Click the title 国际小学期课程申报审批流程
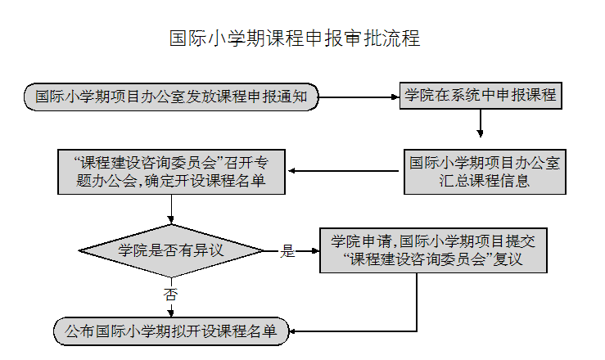(x=294, y=38)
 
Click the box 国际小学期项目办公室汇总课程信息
(x=485, y=172)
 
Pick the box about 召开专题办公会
(x=171, y=171)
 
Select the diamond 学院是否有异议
(x=171, y=250)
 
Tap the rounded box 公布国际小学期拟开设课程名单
(x=171, y=331)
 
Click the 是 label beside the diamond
(x=287, y=251)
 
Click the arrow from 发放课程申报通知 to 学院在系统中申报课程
(x=358, y=97)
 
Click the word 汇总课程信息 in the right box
(x=485, y=182)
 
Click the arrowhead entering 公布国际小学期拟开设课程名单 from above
(x=171, y=311)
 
